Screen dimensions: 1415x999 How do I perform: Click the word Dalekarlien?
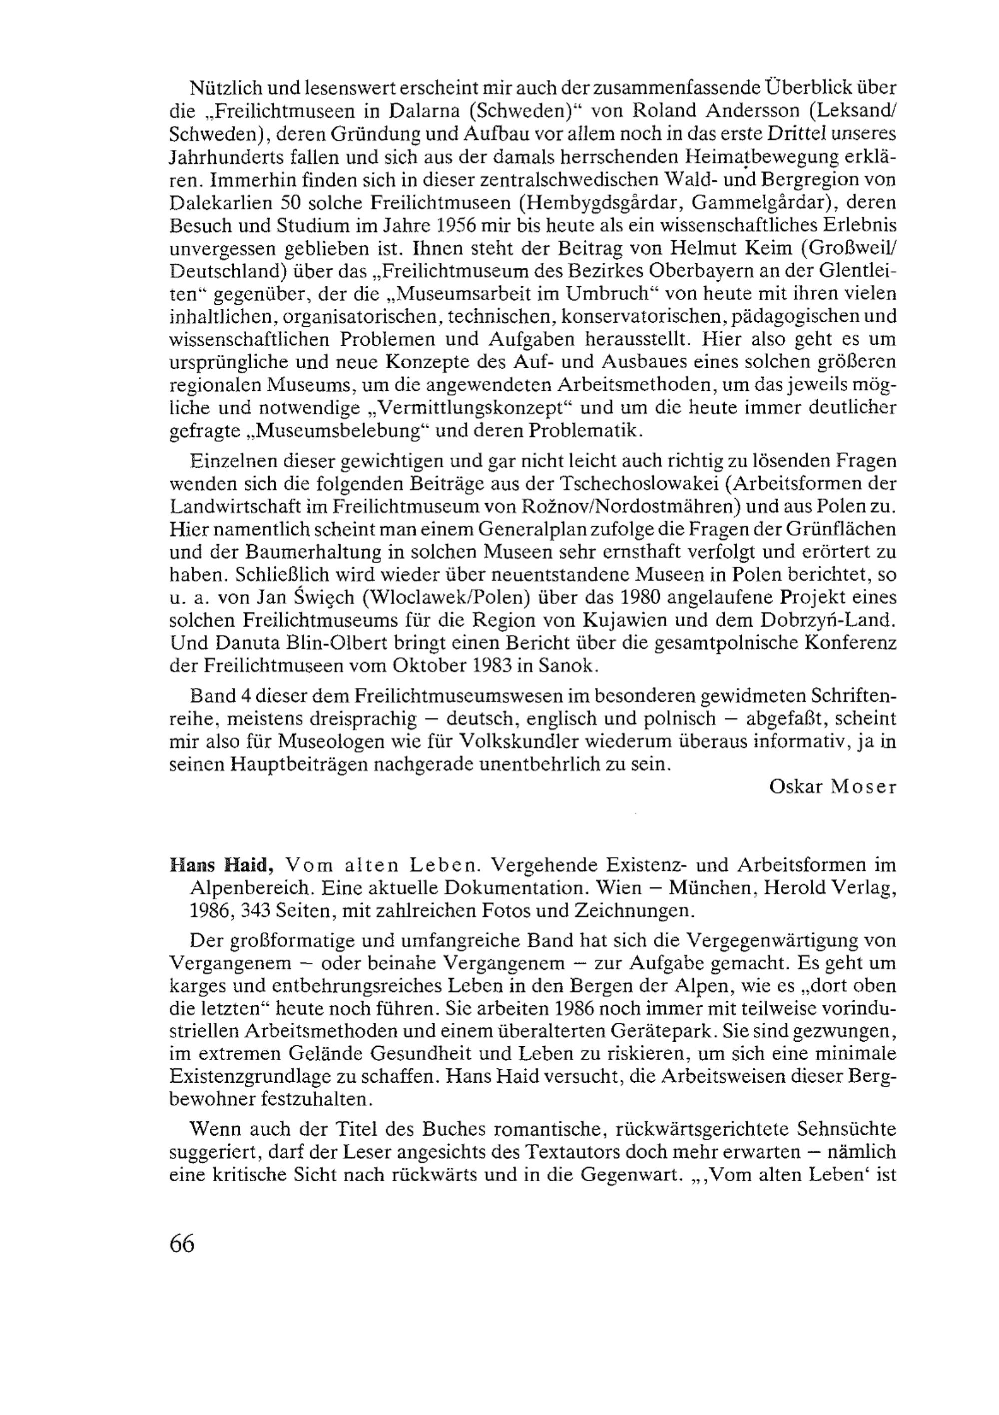219,202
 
